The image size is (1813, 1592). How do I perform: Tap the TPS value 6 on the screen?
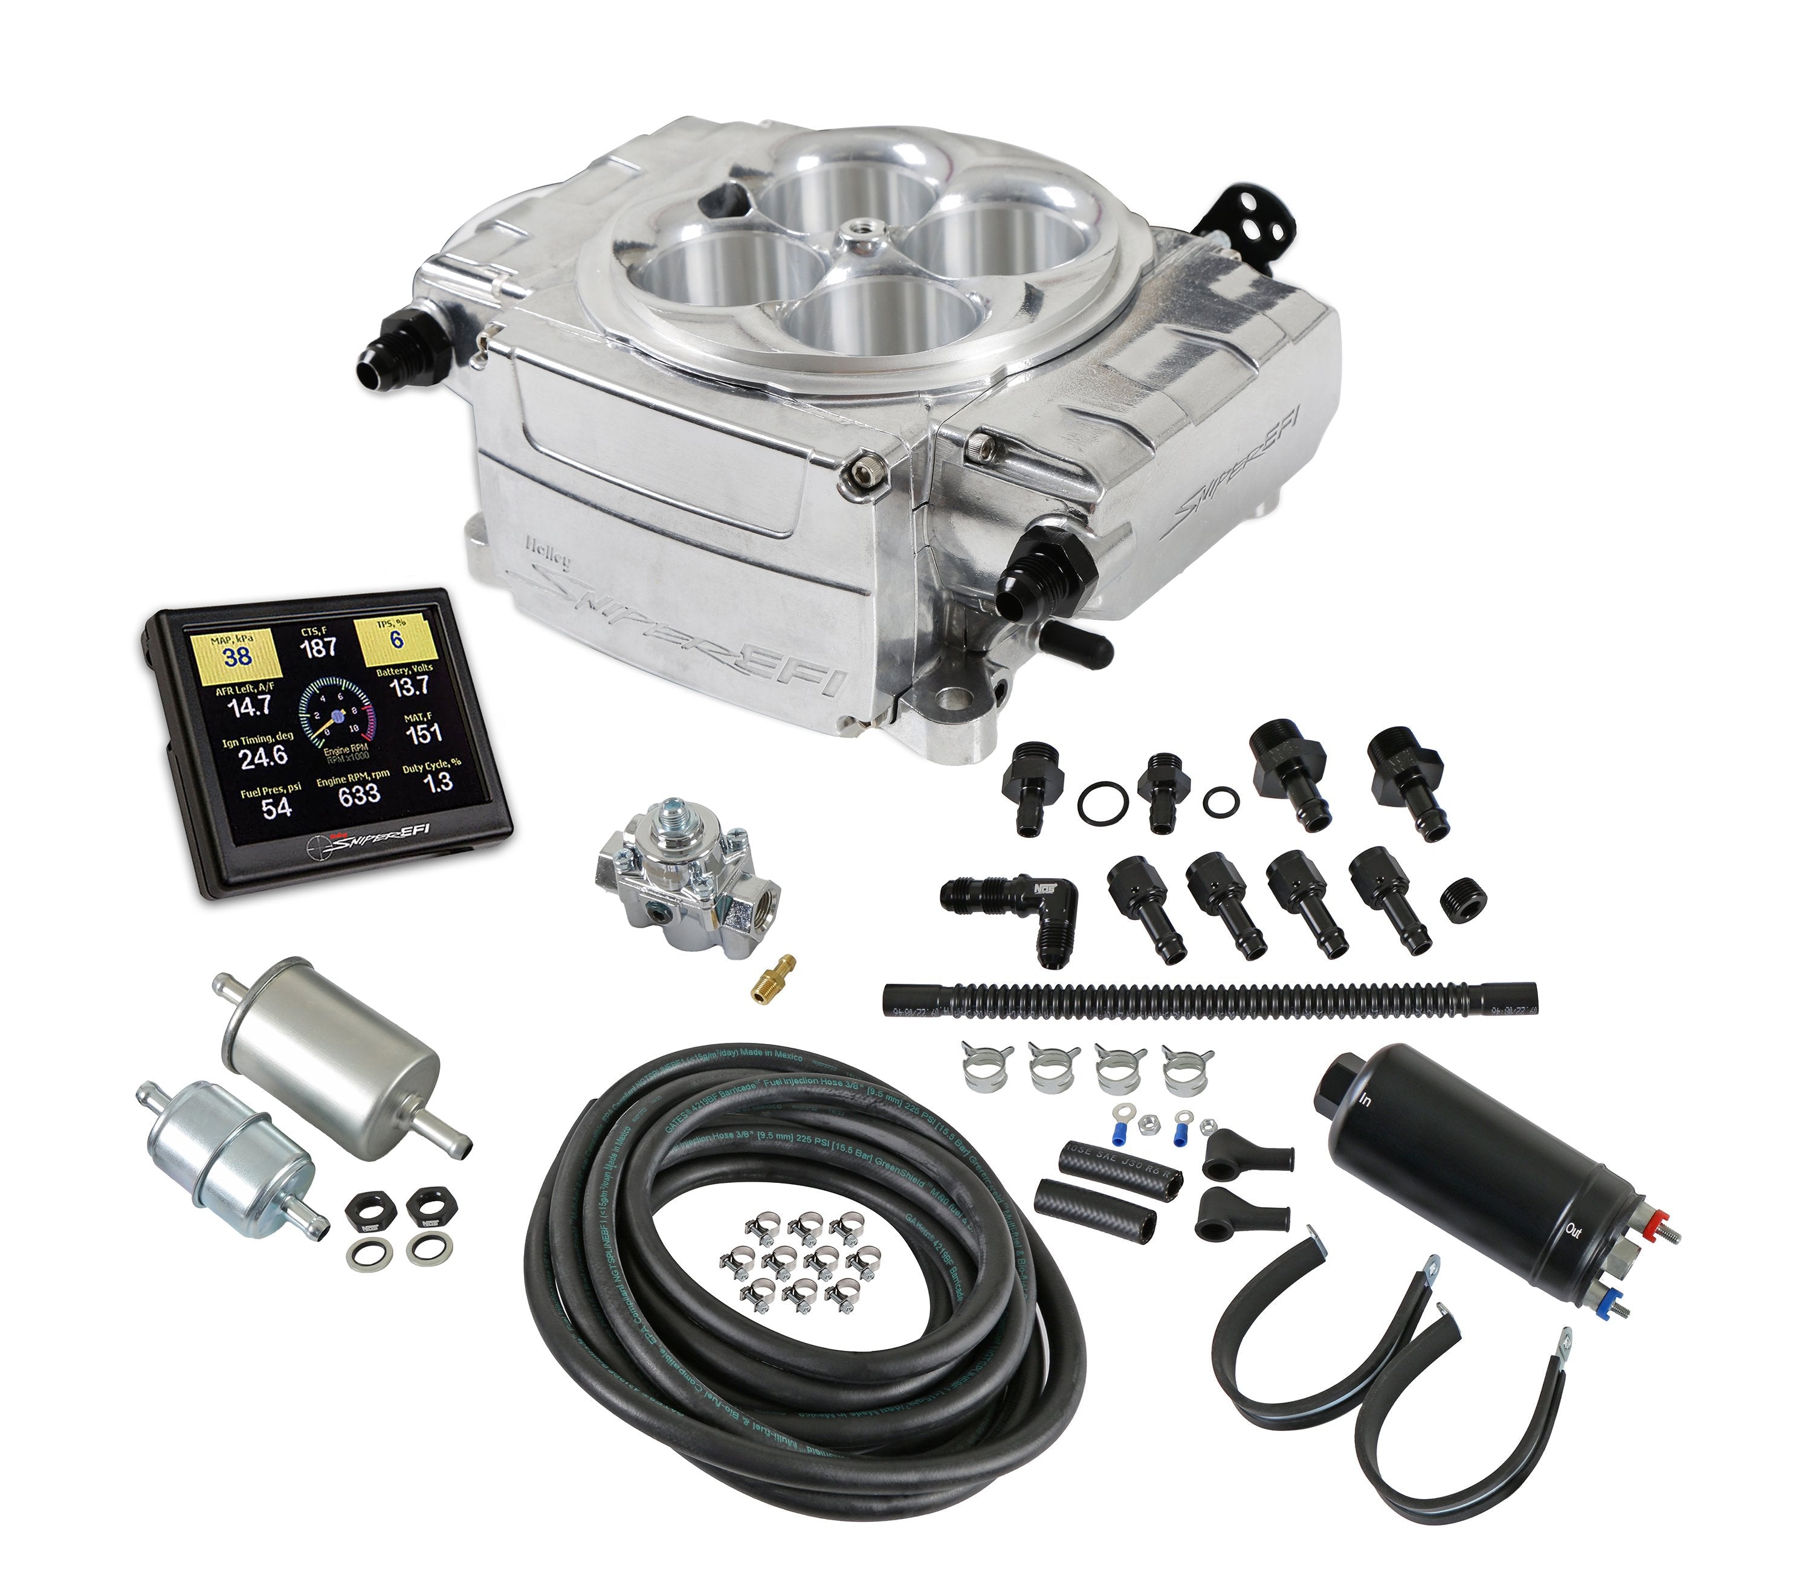click(x=396, y=639)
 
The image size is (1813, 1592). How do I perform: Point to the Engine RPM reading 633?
click(x=358, y=794)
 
